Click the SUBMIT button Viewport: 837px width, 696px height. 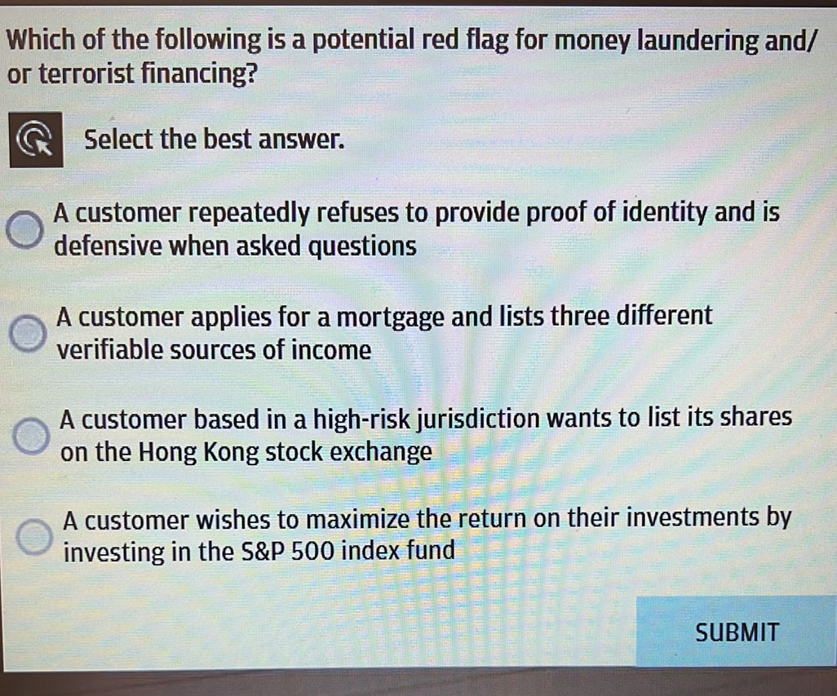point(737,632)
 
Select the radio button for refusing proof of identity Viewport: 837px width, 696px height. point(27,230)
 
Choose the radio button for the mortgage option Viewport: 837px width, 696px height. point(29,333)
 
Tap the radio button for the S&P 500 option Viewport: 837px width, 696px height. point(35,536)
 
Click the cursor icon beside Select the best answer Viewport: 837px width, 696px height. point(35,140)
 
